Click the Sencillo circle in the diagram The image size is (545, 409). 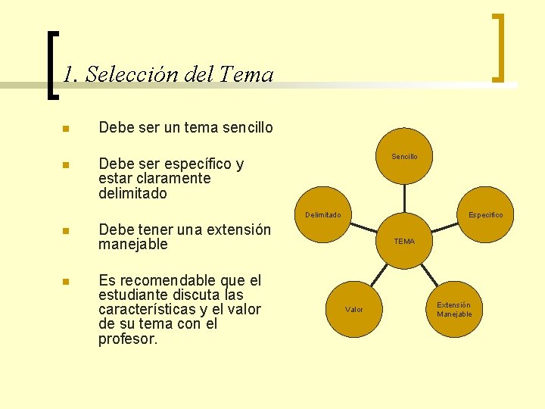[404, 157]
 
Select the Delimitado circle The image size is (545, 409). [323, 215]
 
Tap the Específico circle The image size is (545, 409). [485, 215]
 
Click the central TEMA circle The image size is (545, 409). [404, 242]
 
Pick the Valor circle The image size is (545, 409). [354, 309]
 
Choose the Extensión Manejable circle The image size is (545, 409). [454, 309]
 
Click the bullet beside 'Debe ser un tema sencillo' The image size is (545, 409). [66, 129]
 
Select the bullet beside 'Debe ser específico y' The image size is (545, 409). [66, 165]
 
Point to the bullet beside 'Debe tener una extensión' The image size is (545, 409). [66, 231]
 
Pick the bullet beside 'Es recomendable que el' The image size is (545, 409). [66, 282]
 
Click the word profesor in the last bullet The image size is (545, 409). [128, 339]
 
